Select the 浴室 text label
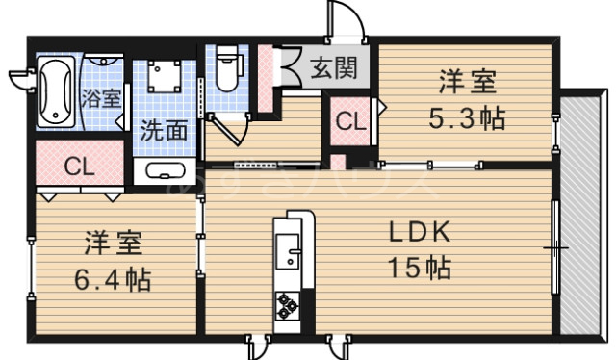[101, 96]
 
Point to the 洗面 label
[164, 130]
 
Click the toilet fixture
[227, 69]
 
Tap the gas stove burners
[288, 307]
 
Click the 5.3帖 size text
[467, 119]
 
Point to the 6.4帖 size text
[113, 280]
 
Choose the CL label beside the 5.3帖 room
[350, 122]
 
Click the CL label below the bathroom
[79, 165]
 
